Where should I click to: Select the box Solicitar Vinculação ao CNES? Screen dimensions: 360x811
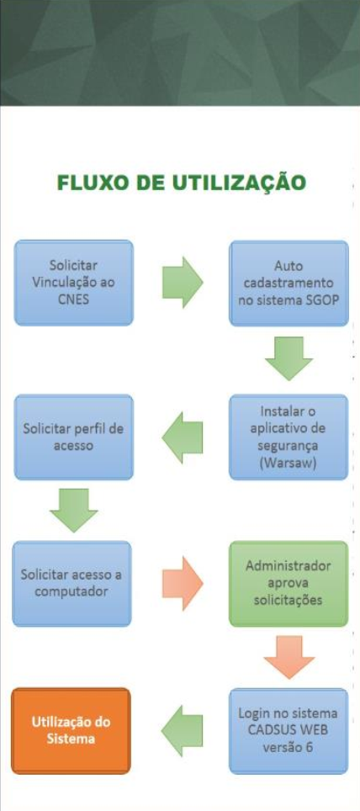(73, 283)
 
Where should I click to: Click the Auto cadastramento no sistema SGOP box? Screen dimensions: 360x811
(289, 283)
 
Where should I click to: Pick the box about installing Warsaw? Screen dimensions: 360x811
(289, 437)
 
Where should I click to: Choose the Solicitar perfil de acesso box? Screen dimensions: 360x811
(73, 437)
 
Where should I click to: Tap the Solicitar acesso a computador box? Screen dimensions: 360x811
(71, 583)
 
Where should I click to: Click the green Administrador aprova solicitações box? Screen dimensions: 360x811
(289, 583)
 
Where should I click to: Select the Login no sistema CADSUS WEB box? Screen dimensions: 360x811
(289, 731)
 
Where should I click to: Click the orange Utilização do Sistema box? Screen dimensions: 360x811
(71, 731)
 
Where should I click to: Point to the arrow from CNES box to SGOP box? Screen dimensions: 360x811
(183, 283)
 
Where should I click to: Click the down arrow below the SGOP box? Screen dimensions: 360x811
(289, 358)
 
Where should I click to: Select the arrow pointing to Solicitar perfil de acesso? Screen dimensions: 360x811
(182, 437)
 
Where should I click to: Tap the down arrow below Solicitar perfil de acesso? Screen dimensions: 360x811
(73, 510)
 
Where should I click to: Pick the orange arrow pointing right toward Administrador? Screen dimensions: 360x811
(183, 583)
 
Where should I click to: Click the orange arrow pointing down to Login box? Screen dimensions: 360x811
(289, 657)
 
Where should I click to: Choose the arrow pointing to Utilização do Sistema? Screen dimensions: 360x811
(182, 731)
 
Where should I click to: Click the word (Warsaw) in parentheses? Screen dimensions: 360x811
(289, 462)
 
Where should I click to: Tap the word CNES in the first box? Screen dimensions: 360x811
(73, 299)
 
